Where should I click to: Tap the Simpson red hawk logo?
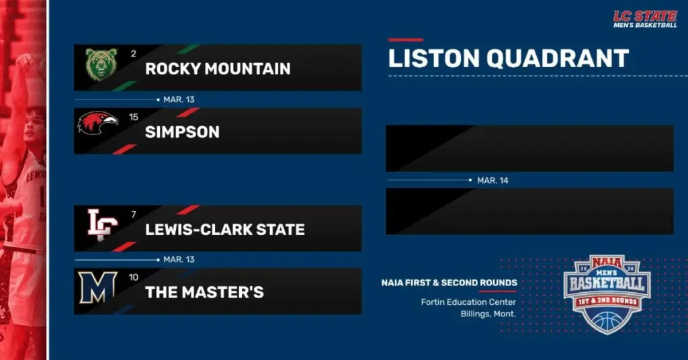click(98, 123)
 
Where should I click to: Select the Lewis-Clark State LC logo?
click(102, 224)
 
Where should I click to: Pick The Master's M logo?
click(97, 287)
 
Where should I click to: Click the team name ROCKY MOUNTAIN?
click(218, 69)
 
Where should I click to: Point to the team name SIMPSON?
click(182, 132)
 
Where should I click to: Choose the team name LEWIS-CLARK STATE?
click(225, 230)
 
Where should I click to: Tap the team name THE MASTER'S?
click(204, 292)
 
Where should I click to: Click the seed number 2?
click(133, 53)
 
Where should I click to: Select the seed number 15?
click(134, 117)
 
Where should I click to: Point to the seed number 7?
click(133, 214)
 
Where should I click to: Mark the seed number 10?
click(134, 277)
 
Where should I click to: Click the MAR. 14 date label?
click(492, 181)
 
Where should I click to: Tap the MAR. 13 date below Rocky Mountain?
click(179, 99)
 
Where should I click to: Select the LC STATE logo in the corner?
click(645, 19)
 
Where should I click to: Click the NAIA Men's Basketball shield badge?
click(607, 293)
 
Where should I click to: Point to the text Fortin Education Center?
click(468, 302)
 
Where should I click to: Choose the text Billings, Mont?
click(488, 314)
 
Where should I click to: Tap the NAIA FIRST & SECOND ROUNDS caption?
click(449, 283)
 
